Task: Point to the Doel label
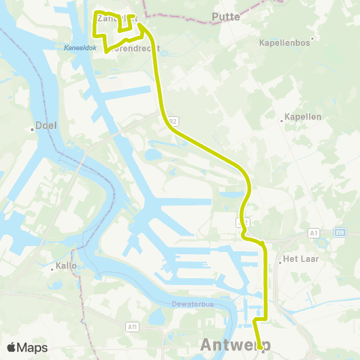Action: click(x=49, y=127)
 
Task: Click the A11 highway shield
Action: click(x=132, y=326)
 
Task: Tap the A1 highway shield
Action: click(x=313, y=234)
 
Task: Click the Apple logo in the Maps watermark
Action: click(x=12, y=347)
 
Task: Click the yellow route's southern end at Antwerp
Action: click(x=260, y=347)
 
